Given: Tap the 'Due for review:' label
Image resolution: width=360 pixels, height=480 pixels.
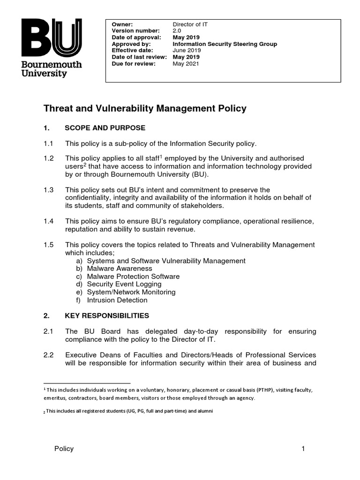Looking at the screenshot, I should point(134,64).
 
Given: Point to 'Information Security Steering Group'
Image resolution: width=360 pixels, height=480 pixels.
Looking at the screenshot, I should point(225,44).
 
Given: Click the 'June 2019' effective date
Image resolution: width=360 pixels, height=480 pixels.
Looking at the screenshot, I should point(186,51).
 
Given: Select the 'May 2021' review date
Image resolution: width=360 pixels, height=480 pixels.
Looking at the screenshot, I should point(186,64).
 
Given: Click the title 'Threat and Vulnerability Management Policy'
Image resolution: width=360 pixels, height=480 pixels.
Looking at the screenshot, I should point(145,109).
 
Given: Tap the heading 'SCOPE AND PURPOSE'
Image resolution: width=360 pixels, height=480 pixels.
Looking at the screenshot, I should point(105,128).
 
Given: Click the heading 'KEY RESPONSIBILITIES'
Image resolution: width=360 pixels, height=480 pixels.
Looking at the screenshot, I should point(107,315).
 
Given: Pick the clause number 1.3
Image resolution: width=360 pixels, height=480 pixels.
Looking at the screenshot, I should point(49,190).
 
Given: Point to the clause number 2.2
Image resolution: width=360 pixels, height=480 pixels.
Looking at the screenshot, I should point(49,354).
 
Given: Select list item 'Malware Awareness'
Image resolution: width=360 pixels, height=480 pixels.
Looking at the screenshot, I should point(120,269).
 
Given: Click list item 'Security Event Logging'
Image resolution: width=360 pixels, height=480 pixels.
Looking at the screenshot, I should point(124,284).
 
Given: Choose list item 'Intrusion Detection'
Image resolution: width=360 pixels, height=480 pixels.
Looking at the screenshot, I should point(117,300).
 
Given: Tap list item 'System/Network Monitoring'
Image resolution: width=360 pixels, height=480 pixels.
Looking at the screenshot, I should point(131,292).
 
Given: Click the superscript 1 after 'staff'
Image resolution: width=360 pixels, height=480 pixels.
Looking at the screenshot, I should point(161,157).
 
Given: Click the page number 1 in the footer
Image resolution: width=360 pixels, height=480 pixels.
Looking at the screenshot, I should point(303,449).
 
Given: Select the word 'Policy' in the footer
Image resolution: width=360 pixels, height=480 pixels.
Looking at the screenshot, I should point(64,449).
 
